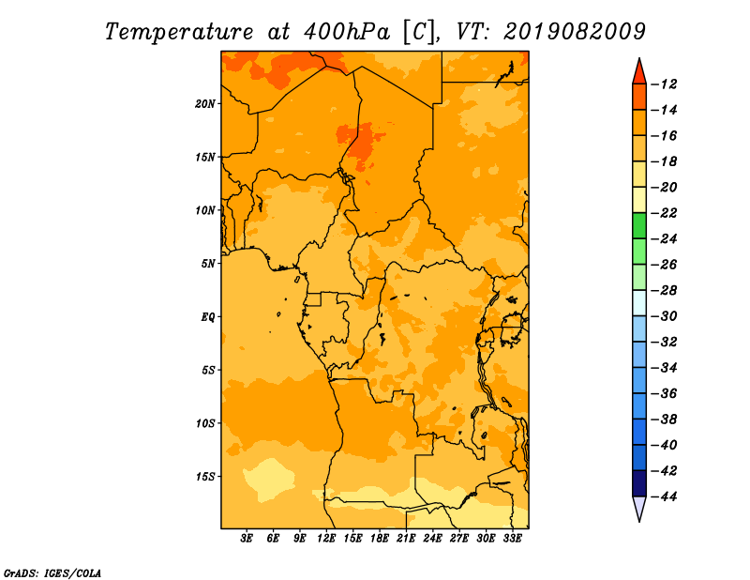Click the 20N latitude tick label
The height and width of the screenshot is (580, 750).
[204, 104]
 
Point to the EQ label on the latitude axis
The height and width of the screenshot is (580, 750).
[207, 317]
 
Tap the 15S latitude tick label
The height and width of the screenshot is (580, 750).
[204, 477]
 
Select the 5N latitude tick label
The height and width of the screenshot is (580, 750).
[207, 264]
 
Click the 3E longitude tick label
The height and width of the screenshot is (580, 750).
[247, 538]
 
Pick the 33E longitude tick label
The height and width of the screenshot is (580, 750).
[512, 538]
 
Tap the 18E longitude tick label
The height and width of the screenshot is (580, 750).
[380, 538]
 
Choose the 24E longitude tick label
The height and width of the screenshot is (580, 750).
[432, 538]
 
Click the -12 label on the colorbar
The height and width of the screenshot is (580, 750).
[664, 84]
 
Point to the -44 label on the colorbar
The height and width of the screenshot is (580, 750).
[664, 496]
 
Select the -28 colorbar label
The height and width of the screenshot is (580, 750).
[664, 291]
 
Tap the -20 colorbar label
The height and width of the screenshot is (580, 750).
[664, 188]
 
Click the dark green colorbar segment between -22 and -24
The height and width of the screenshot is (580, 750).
[639, 225]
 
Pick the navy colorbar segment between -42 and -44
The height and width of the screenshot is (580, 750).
[639, 483]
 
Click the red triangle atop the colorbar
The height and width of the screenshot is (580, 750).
[639, 73]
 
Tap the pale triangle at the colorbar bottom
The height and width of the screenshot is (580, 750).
[639, 507]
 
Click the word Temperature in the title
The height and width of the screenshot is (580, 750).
[179, 32]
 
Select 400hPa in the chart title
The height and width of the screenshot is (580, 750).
[346, 32]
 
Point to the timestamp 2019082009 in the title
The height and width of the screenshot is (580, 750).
[575, 32]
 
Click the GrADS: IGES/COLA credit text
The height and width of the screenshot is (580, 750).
[52, 573]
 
